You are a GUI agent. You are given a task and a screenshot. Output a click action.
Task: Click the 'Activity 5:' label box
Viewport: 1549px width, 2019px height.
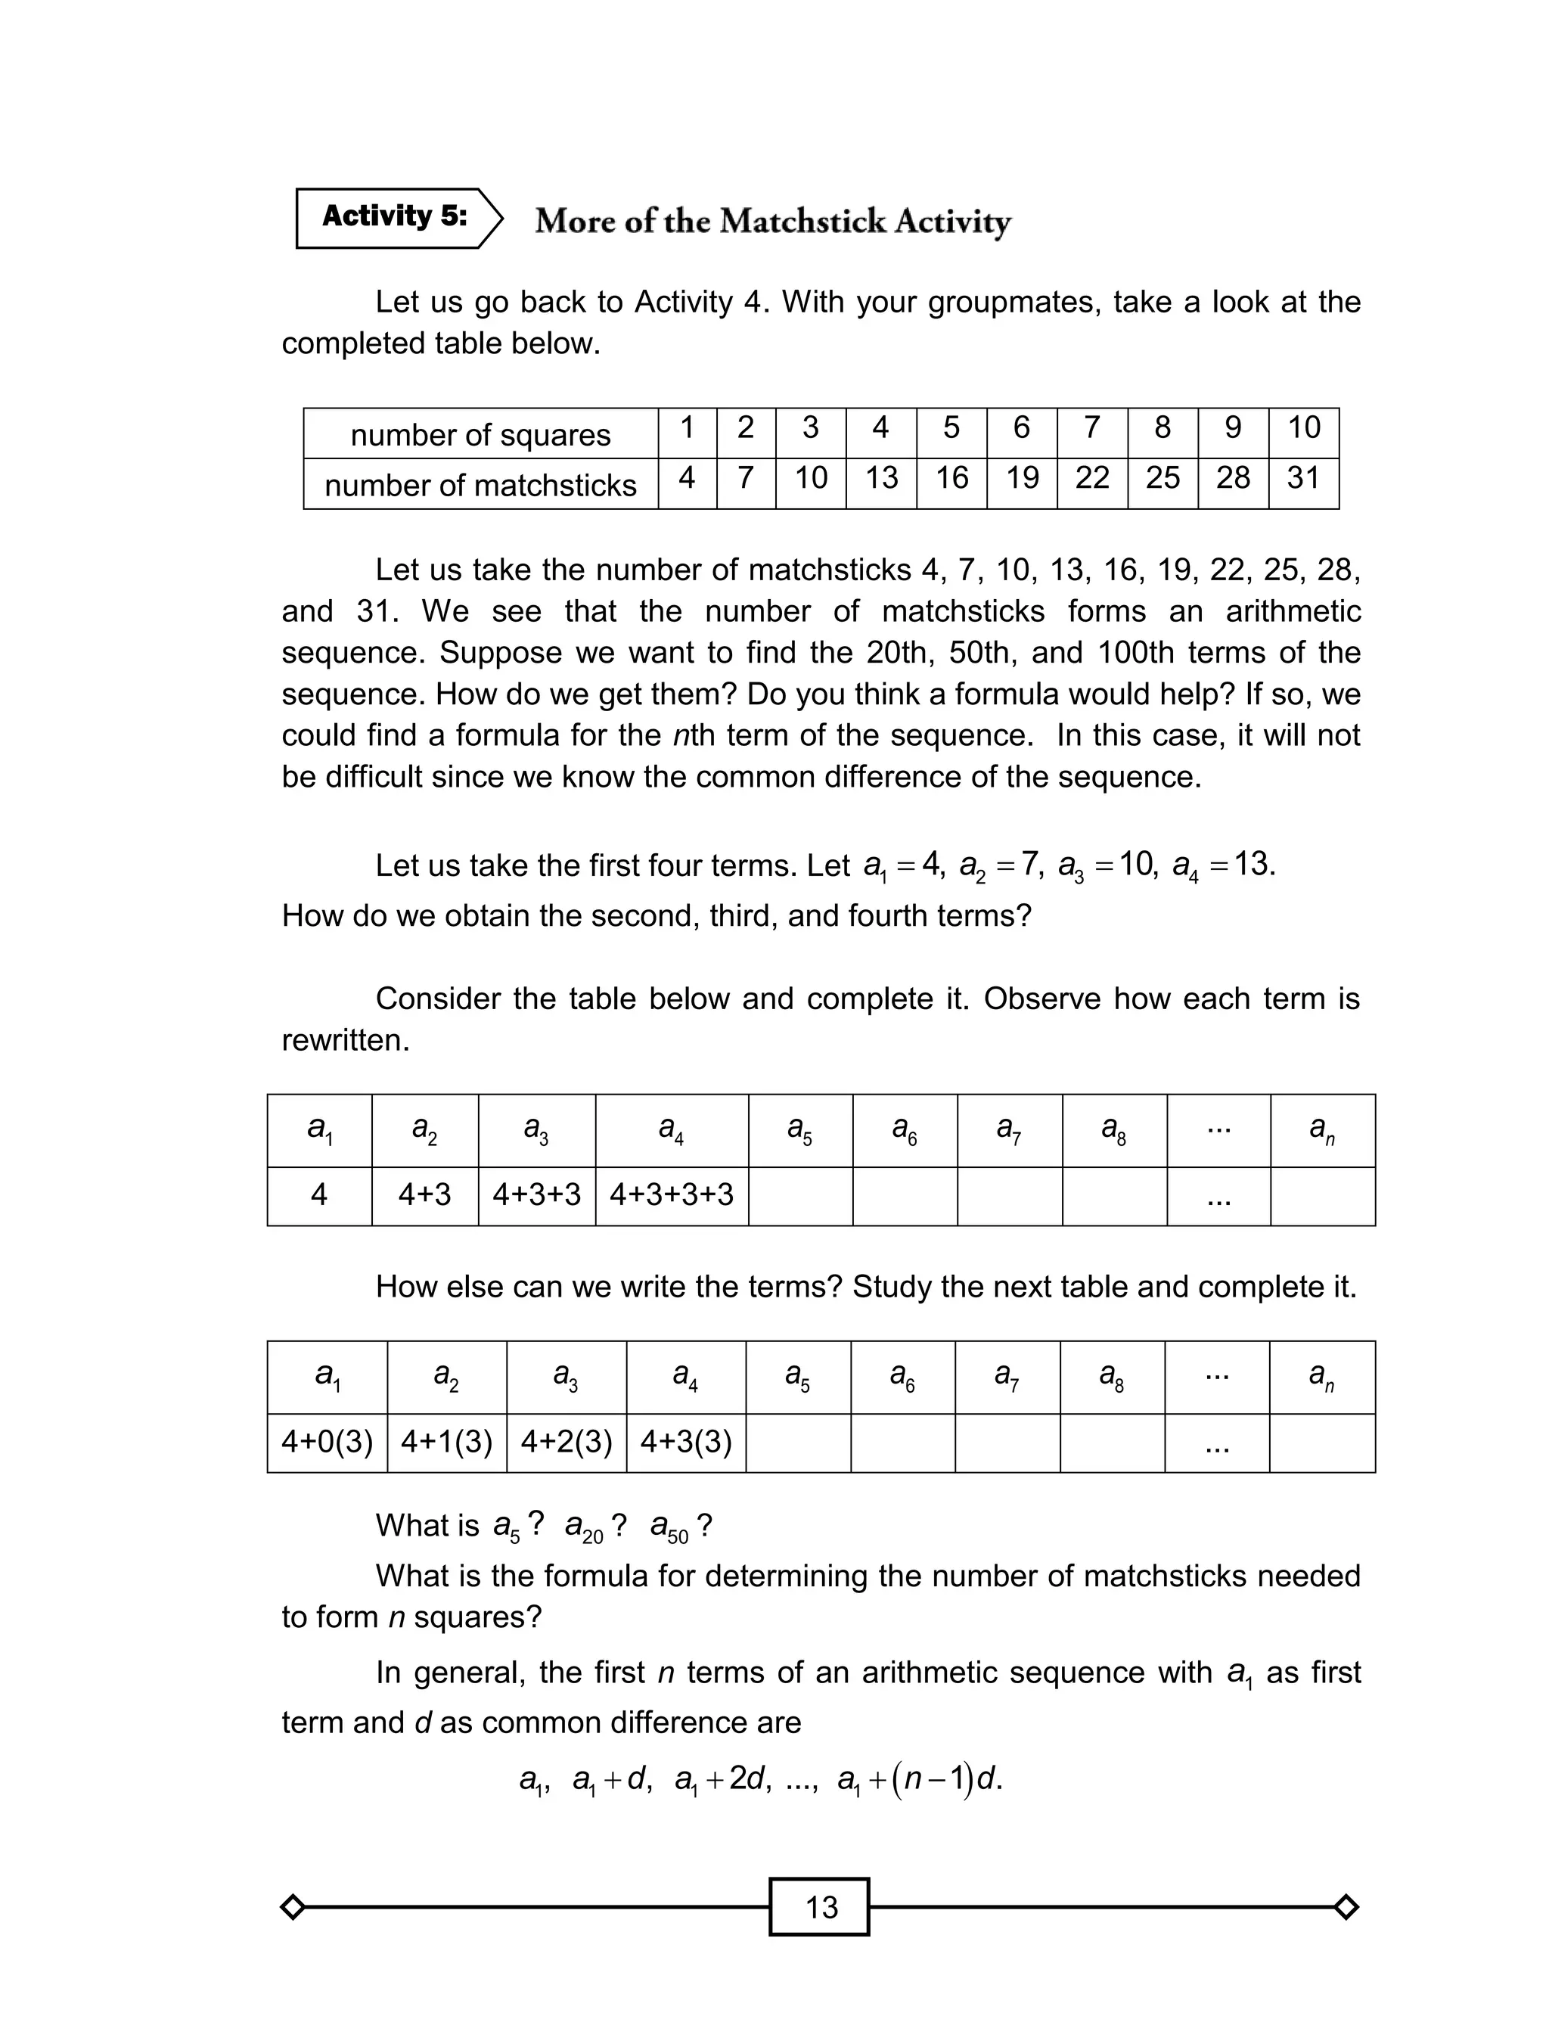(395, 218)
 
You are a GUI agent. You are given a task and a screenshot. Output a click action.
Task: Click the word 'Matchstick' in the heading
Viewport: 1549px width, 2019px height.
(802, 221)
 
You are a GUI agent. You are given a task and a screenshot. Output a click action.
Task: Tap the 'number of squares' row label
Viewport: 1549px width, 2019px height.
(480, 434)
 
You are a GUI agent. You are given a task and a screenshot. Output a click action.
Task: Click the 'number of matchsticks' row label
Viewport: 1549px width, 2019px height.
(480, 485)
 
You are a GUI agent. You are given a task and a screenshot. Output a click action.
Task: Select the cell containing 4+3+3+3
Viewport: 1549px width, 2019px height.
(671, 1194)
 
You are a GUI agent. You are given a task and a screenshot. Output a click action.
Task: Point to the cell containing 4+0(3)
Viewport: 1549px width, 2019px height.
(327, 1441)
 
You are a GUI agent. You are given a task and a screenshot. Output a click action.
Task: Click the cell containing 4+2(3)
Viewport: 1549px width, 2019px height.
(566, 1441)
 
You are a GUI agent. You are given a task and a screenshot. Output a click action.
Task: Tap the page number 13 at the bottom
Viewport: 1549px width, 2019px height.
(820, 1906)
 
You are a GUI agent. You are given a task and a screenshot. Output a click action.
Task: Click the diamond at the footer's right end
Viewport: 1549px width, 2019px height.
(1346, 1906)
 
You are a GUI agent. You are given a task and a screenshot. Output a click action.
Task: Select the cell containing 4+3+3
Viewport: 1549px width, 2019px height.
(536, 1194)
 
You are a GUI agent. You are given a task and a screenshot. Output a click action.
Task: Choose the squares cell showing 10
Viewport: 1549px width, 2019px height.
(1303, 427)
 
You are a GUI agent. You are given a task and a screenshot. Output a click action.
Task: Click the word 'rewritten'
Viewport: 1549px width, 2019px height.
(344, 1041)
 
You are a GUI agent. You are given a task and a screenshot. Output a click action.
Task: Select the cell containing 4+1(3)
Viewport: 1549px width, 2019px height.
(446, 1441)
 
